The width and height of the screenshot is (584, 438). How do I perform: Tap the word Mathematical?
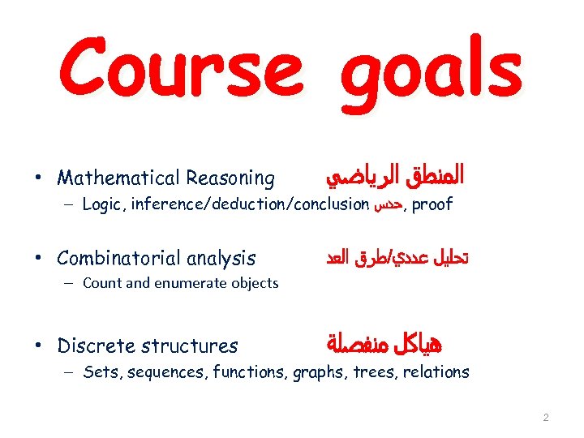click(x=119, y=178)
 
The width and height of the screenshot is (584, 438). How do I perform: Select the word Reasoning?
click(x=230, y=178)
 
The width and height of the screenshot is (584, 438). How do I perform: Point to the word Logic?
click(x=101, y=204)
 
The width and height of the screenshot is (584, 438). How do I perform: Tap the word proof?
click(x=432, y=204)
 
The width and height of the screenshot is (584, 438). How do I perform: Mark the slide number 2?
click(x=545, y=418)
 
